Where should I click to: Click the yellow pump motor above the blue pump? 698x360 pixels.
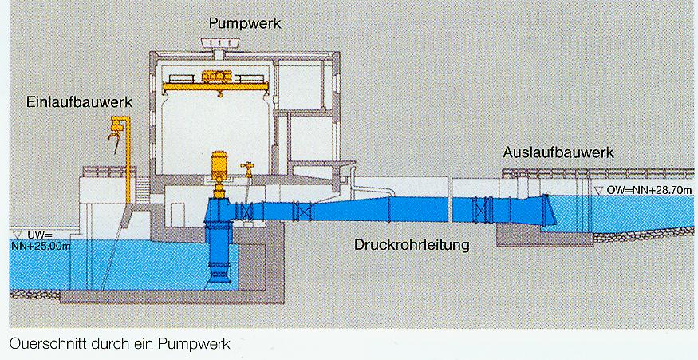(217, 172)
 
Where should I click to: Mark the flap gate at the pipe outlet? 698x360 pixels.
(548, 210)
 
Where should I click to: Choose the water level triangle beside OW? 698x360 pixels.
(600, 192)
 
